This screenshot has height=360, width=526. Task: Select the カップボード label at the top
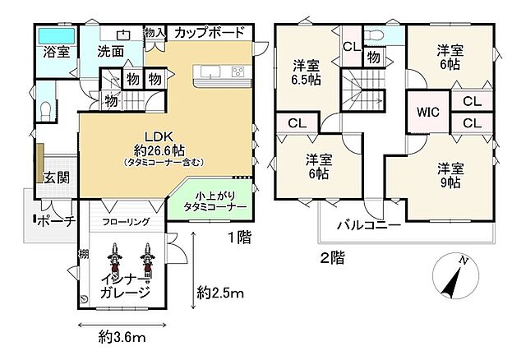(210, 33)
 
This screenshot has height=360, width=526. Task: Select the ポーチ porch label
(57, 220)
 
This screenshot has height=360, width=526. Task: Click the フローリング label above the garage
(127, 222)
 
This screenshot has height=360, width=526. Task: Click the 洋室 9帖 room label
(450, 174)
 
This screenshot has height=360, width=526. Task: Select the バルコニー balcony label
(367, 225)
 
